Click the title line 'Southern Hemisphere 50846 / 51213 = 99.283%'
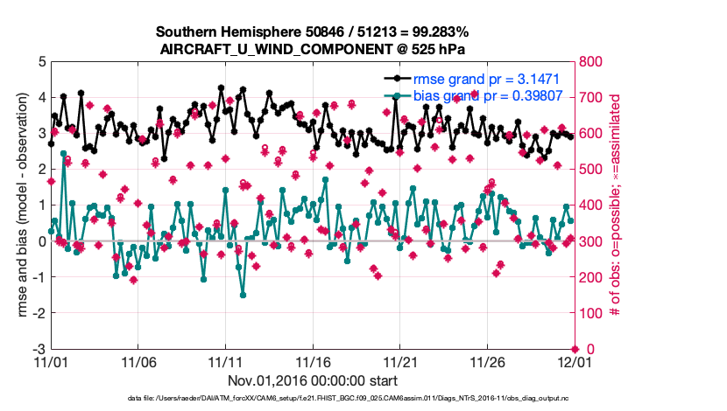[312, 32]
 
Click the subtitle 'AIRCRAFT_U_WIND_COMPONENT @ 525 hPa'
[312, 49]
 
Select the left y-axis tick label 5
[41, 62]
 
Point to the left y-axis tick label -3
[39, 349]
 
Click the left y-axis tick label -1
[39, 277]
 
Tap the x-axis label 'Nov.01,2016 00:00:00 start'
[312, 380]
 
